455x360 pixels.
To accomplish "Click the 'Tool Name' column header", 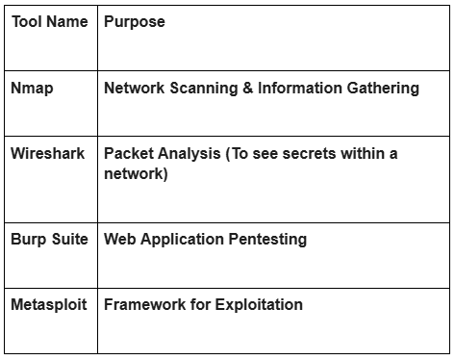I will [x=49, y=21].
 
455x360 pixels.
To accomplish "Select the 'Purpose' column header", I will [x=134, y=21].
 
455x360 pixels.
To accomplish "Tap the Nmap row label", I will [x=32, y=89].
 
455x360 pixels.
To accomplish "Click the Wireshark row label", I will [x=47, y=154].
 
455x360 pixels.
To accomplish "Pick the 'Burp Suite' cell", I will [x=49, y=240].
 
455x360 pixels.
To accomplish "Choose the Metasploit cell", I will [x=48, y=305].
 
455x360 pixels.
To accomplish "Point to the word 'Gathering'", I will [x=382, y=89].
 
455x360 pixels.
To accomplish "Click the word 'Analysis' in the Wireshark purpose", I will [x=188, y=154].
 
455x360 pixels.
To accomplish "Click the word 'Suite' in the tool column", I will [x=69, y=240].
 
